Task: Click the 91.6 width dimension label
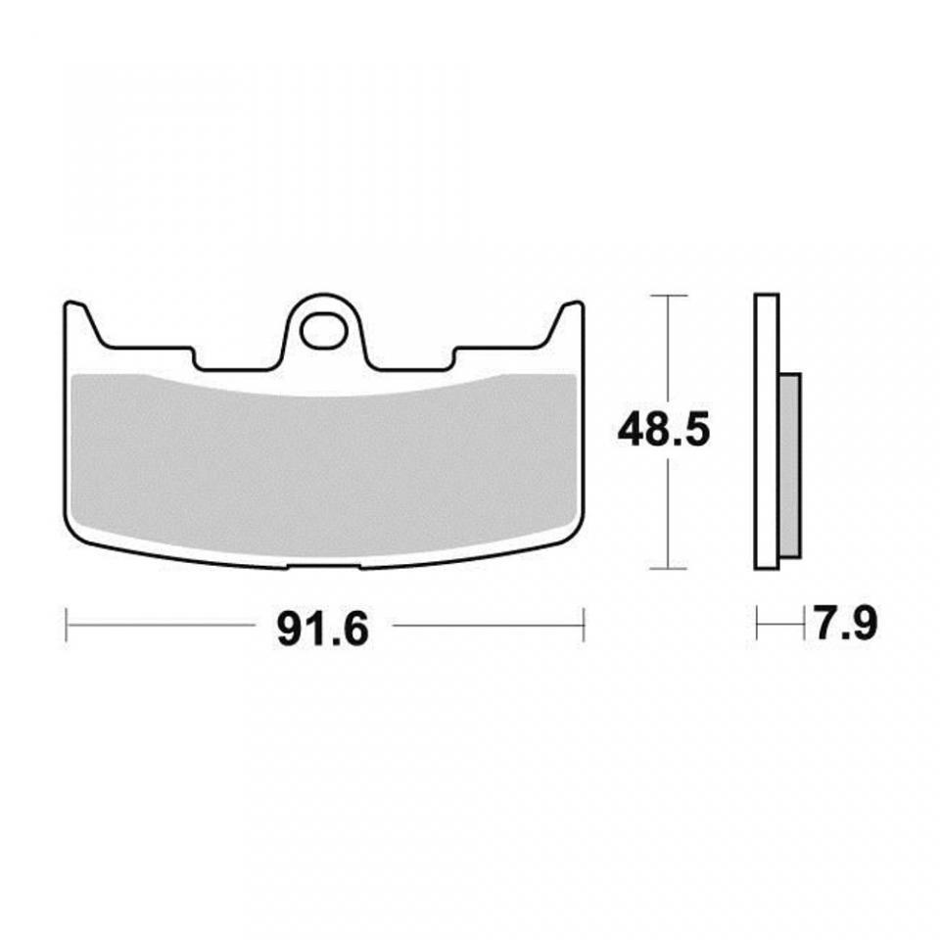click(x=322, y=629)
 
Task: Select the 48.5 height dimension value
click(x=664, y=429)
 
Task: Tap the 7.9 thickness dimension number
click(x=845, y=624)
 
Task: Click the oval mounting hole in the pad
click(x=324, y=330)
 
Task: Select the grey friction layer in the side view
click(x=790, y=465)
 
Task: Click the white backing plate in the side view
click(x=767, y=431)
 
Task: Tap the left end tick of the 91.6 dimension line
click(x=66, y=626)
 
